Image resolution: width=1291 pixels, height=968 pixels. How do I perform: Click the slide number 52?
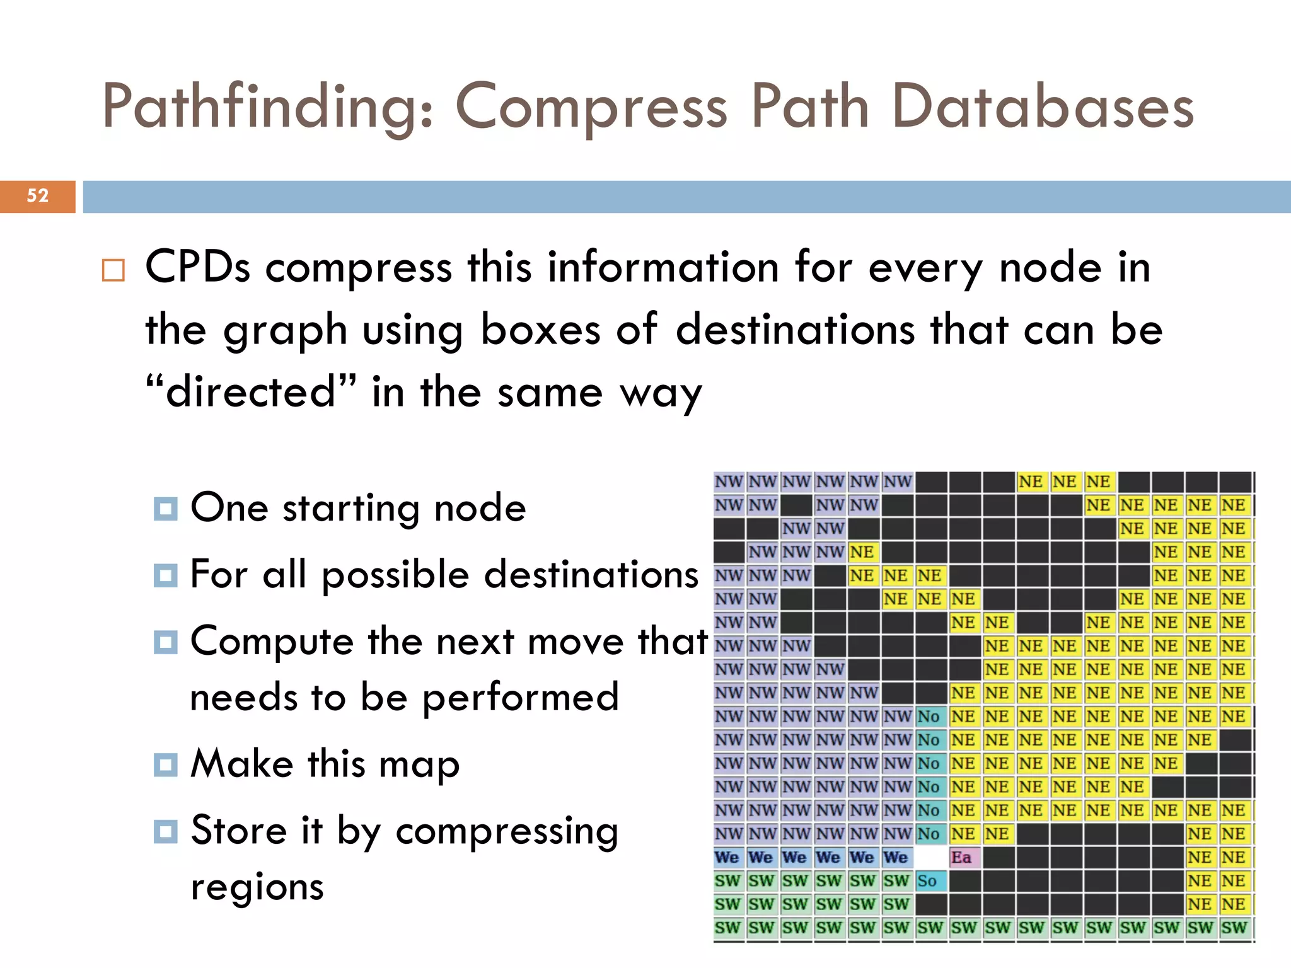[x=37, y=196]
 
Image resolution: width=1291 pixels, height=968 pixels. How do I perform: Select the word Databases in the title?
[x=1043, y=107]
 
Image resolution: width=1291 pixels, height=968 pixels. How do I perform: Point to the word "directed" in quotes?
[x=250, y=391]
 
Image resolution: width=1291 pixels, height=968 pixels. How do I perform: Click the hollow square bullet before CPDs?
[x=113, y=270]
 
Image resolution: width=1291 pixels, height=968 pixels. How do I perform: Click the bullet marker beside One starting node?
[x=166, y=509]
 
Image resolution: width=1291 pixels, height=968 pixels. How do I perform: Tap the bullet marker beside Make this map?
[x=166, y=764]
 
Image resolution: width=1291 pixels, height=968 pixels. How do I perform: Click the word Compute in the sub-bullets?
[x=272, y=642]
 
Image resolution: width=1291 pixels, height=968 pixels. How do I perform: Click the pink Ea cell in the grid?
[x=962, y=857]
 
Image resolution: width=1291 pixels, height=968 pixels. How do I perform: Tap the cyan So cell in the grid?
[x=929, y=881]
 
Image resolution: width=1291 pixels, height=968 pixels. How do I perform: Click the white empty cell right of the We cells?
[x=930, y=857]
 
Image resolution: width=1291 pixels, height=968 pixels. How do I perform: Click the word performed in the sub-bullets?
[x=520, y=697]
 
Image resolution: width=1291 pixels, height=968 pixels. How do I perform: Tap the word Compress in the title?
[x=591, y=107]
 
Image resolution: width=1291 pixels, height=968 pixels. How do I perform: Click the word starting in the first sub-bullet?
[x=351, y=509]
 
